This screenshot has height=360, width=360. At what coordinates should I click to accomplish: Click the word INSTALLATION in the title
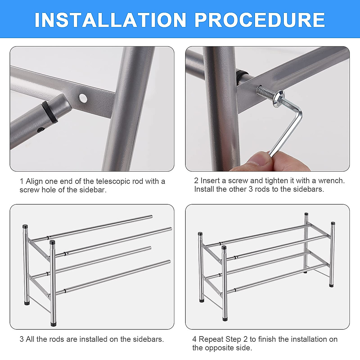(110, 20)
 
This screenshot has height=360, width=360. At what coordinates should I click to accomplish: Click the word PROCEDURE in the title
(260, 20)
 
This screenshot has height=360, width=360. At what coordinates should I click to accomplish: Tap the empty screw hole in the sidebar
(83, 98)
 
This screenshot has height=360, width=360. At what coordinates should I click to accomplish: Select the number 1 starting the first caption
(22, 181)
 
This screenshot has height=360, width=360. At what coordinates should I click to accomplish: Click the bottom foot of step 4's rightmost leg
(331, 285)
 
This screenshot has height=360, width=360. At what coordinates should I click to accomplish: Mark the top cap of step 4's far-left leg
(200, 234)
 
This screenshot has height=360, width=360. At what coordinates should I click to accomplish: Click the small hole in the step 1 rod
(40, 130)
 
